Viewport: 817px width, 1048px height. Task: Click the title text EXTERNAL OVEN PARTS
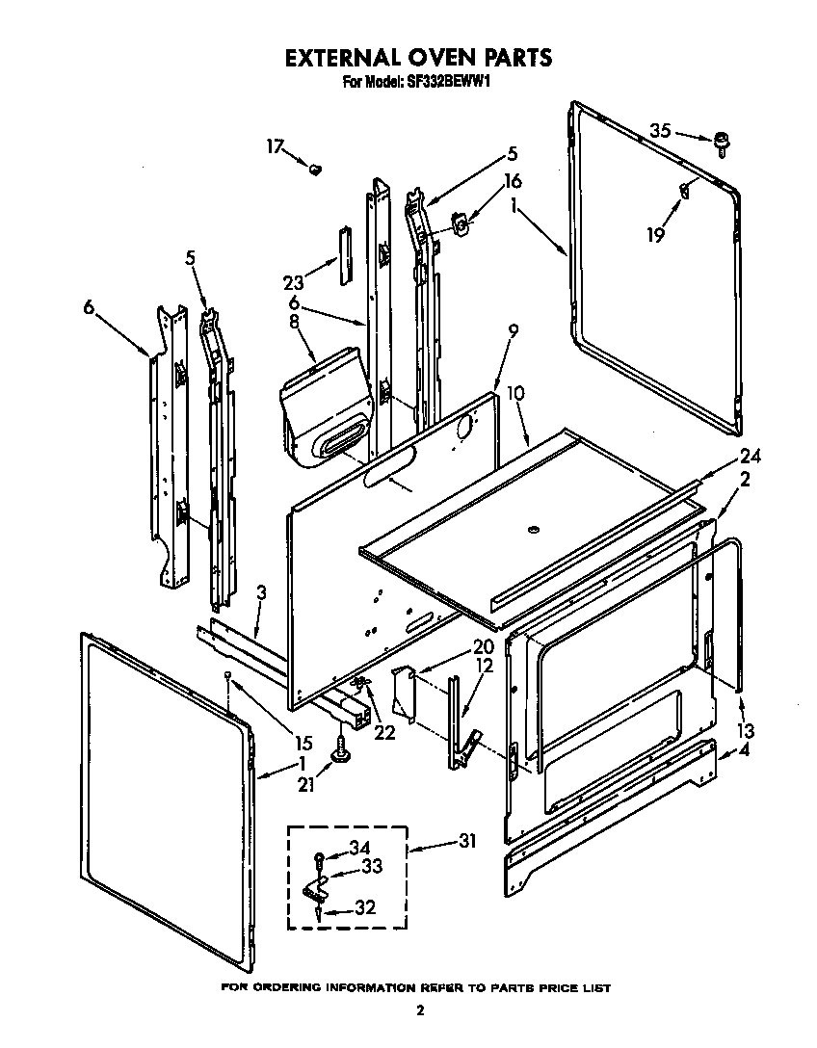(417, 58)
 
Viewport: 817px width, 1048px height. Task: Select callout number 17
(276, 146)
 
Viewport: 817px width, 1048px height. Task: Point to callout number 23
(294, 282)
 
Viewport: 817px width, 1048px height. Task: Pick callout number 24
(751, 456)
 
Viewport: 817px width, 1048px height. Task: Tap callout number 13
(746, 730)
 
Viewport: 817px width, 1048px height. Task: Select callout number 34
(358, 847)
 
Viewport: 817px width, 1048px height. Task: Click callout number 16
(512, 181)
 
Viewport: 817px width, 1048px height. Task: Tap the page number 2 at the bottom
(419, 1010)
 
